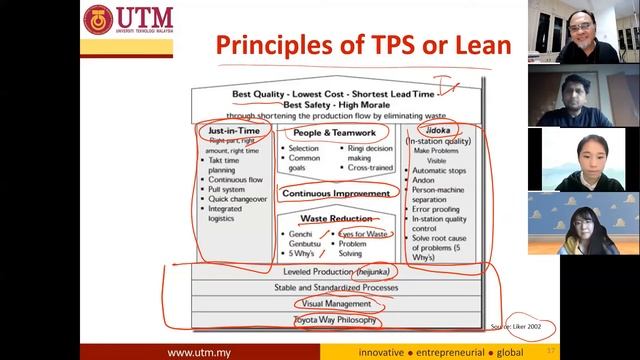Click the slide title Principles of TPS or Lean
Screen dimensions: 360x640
click(364, 44)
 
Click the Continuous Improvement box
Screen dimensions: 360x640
click(335, 193)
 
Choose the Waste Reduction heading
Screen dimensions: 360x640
click(335, 219)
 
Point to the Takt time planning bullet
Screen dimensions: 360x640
click(227, 165)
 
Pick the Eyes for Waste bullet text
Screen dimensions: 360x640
click(364, 233)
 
